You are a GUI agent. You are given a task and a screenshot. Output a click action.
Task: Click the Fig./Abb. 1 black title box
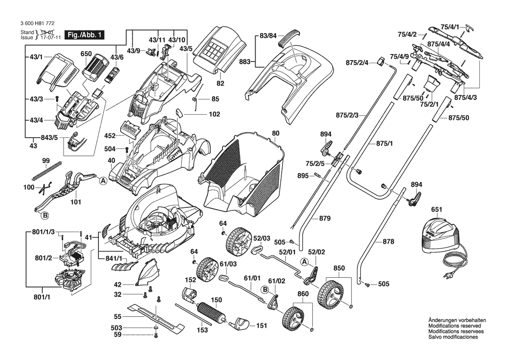[84, 35]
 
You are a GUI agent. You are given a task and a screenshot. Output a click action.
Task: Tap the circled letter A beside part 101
[103, 181]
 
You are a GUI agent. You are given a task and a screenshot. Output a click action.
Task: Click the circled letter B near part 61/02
[264, 289]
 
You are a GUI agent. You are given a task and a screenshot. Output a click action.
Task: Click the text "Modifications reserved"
[455, 326]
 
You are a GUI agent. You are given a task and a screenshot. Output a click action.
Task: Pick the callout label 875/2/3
[347, 115]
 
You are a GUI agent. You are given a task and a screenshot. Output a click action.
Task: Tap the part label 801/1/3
[44, 232]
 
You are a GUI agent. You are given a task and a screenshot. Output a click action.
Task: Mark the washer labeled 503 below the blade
[155, 327]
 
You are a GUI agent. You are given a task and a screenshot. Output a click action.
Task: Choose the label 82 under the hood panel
[220, 83]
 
